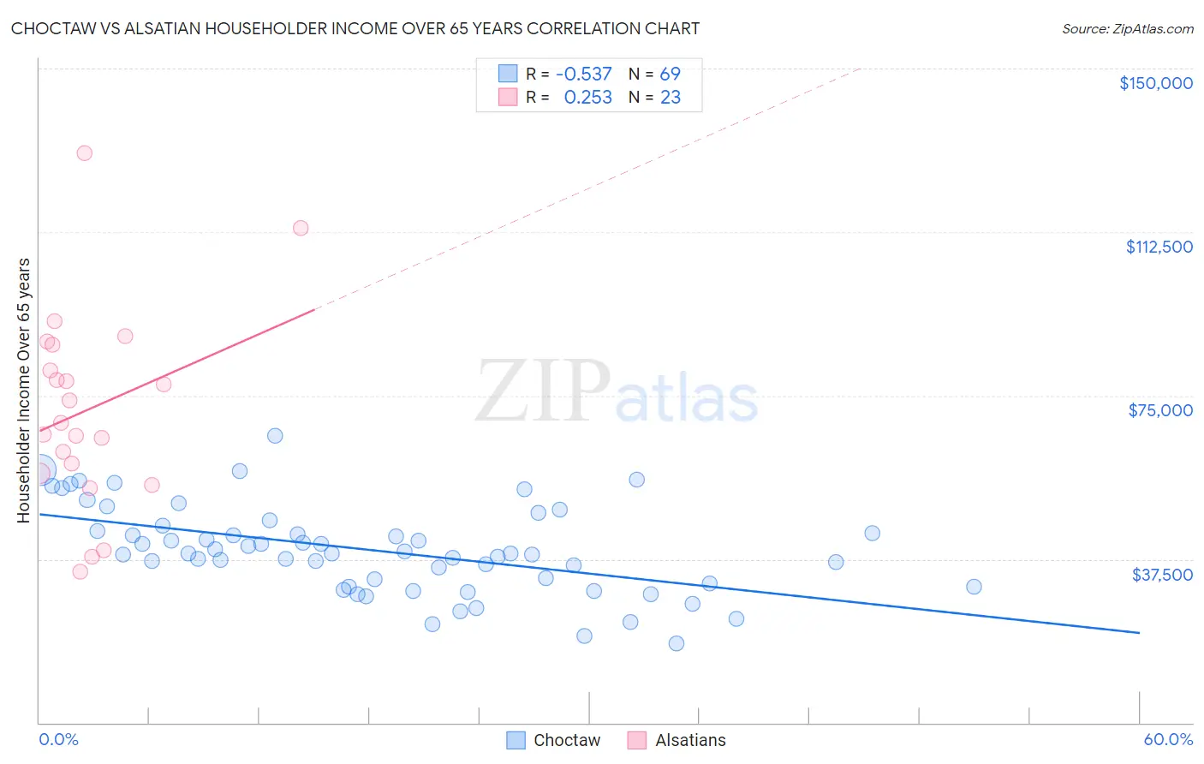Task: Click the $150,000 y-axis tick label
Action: point(1155,83)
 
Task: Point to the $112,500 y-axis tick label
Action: point(1159,247)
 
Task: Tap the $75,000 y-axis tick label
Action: point(1160,410)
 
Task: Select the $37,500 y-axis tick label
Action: point(1162,575)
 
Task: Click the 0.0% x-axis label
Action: point(58,739)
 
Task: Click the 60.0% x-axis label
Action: point(1167,739)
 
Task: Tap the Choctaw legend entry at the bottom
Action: point(554,740)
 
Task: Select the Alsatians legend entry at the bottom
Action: point(677,740)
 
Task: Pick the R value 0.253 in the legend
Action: point(587,98)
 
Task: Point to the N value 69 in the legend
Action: point(670,75)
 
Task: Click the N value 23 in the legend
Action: point(670,98)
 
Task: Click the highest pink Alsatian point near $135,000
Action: point(84,153)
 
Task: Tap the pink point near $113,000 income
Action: point(301,228)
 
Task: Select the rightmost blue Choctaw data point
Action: point(974,587)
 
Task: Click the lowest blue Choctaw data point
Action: point(677,643)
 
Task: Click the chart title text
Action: point(355,28)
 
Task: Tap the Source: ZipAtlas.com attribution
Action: point(1127,28)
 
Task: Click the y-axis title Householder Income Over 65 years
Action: point(23,390)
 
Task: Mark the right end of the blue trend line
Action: point(1139,632)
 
